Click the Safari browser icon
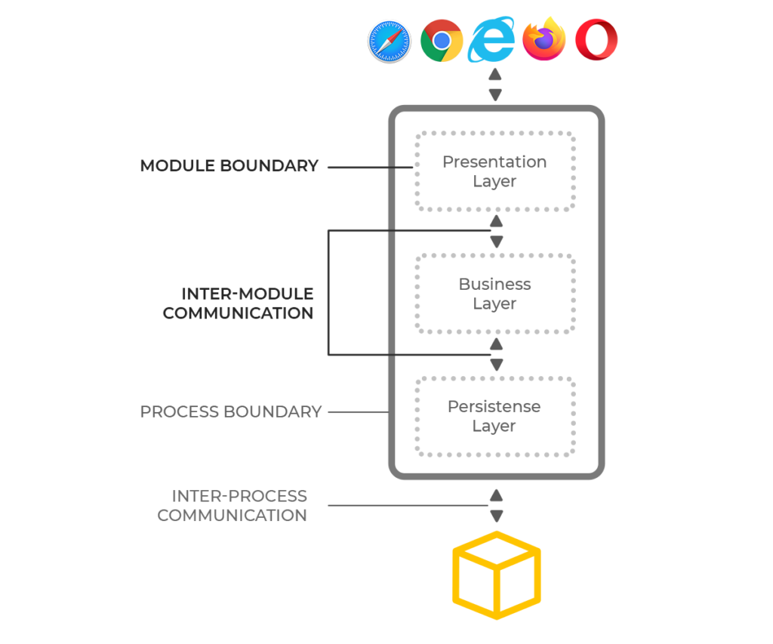[x=389, y=41]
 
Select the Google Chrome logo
[x=442, y=41]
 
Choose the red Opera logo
[x=596, y=41]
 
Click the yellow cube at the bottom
[x=496, y=575]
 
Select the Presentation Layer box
[x=495, y=171]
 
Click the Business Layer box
[x=495, y=294]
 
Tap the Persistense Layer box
[x=495, y=416]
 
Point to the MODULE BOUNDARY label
[x=229, y=166]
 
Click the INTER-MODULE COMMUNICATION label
[x=238, y=304]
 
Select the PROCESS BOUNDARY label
[x=231, y=412]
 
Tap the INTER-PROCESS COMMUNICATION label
[x=233, y=506]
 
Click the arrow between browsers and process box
[x=495, y=85]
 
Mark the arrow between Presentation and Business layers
[x=496, y=231]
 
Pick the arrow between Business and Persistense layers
[x=496, y=355]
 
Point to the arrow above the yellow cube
[x=496, y=506]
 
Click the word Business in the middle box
[x=495, y=285]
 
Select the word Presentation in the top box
[x=494, y=162]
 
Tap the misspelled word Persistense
[x=494, y=407]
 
